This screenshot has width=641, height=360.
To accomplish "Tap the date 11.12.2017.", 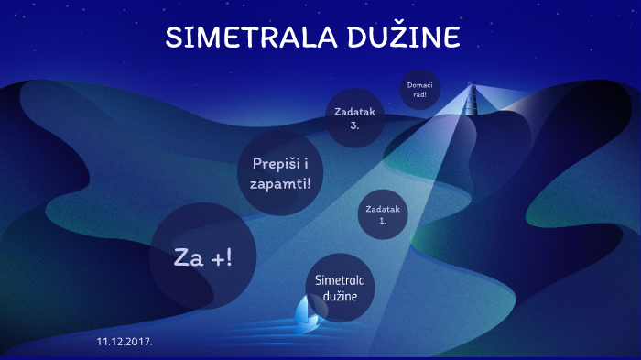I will (x=125, y=341).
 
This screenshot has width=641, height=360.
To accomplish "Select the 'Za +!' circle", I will (x=202, y=257).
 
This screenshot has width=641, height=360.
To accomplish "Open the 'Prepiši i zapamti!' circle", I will (x=280, y=172).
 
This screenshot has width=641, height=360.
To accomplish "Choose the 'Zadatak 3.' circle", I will (x=354, y=117).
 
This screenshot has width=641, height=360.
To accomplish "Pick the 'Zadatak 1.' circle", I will (x=383, y=214).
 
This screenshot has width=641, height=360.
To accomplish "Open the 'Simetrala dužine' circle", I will (x=341, y=287).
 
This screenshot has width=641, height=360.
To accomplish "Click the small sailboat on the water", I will (x=309, y=314).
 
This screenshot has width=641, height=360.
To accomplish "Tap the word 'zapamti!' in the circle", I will (x=280, y=183).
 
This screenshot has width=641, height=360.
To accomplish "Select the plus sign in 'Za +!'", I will (x=218, y=258).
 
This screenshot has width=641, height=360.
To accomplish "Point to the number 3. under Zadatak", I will (x=354, y=125).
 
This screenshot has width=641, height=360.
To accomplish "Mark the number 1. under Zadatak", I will (x=383, y=221).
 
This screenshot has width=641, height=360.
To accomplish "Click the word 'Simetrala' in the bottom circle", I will (x=341, y=278).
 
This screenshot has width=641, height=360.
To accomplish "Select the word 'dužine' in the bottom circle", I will (x=341, y=297).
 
